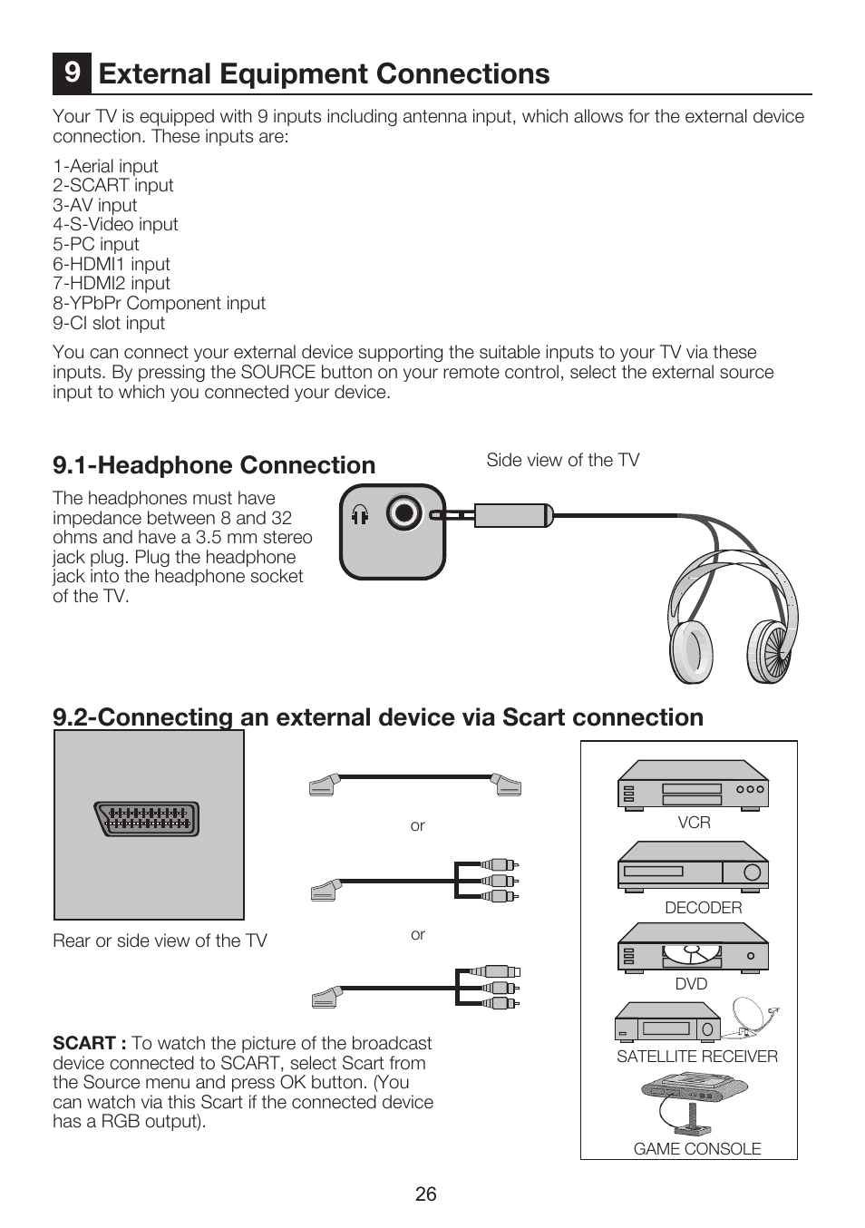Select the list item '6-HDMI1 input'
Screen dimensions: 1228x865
tap(112, 264)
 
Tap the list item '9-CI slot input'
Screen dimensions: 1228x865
tap(109, 323)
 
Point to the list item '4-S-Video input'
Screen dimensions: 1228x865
tap(115, 224)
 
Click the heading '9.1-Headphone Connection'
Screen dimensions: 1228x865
tap(214, 465)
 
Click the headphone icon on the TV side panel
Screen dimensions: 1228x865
tap(360, 515)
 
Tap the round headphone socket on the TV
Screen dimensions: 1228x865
tap(403, 514)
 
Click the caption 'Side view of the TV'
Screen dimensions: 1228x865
tap(562, 460)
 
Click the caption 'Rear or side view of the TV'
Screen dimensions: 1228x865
tap(160, 940)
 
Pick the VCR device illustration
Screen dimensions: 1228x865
tap(693, 785)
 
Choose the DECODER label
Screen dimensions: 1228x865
tap(703, 908)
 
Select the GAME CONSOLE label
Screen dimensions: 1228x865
tap(697, 1148)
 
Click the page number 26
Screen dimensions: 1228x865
tap(426, 1194)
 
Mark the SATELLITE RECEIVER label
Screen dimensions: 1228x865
tap(697, 1056)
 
